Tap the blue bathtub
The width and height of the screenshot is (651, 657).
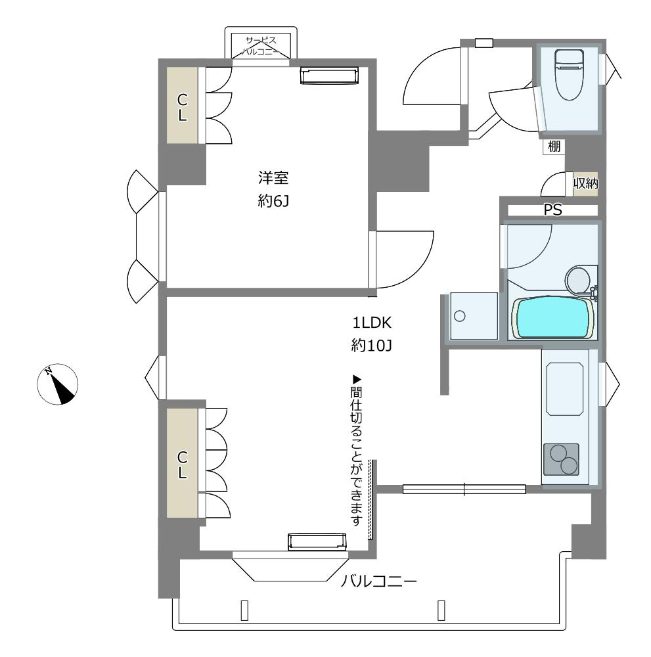553,318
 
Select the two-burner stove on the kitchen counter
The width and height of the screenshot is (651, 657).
561,459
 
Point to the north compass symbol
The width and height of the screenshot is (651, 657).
57,384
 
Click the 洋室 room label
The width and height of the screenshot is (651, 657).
273,177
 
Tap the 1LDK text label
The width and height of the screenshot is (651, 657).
372,323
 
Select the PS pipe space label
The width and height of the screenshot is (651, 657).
552,210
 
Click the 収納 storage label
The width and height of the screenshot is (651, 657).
585,183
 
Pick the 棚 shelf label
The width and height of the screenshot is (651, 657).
554,147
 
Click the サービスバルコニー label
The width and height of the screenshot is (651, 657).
261,46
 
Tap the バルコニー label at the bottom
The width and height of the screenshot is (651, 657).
378,581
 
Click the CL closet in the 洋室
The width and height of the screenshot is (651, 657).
182,105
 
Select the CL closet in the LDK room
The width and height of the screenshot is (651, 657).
182,463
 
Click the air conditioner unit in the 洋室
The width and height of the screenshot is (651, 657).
330,76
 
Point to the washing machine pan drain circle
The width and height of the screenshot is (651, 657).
460,315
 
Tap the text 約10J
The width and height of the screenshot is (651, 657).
372,346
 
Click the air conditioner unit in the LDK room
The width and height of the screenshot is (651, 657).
317,541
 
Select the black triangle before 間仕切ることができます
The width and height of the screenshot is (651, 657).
356,380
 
